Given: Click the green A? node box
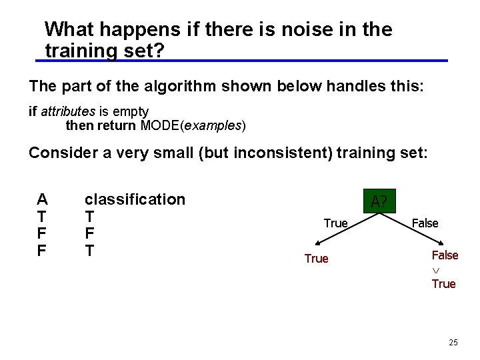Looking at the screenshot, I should coord(379,201).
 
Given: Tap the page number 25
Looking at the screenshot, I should coord(453,343).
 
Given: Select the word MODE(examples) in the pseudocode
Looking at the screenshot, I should coord(193,125).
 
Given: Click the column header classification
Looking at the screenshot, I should coord(135,199).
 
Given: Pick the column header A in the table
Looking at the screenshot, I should coord(42,199).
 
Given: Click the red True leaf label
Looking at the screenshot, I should coord(316,259).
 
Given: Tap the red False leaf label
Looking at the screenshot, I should coord(445,255).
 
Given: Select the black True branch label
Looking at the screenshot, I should coord(335,223).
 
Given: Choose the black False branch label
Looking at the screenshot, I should coord(425,223).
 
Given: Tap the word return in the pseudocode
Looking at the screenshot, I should coord(117,125).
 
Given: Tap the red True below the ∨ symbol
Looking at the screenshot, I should coord(443,284).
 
